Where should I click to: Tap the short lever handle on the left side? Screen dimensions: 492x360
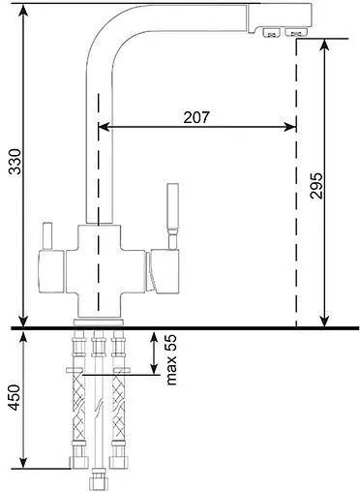pos(45,235)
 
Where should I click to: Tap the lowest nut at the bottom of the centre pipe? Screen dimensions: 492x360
pos(97,481)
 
